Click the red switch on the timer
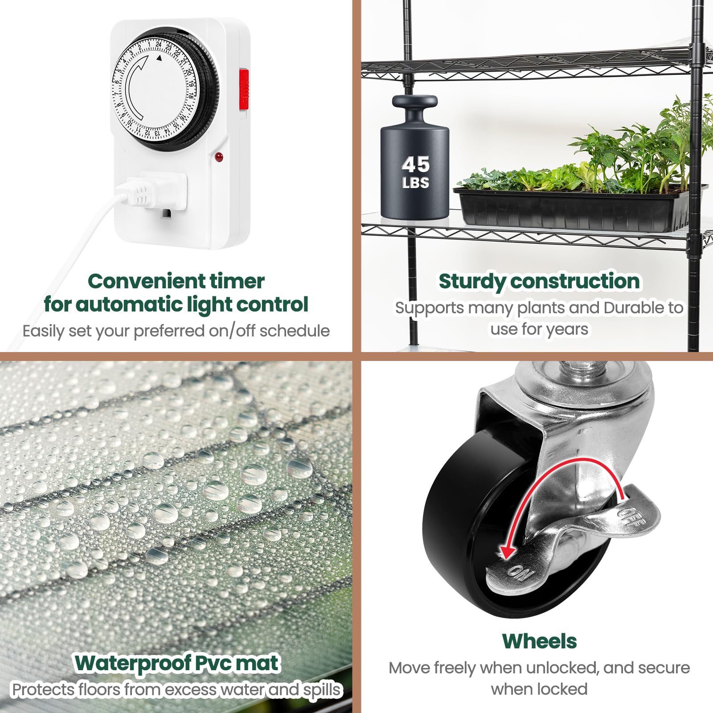click(244, 89)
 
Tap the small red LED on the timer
click(218, 157)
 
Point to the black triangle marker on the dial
click(159, 58)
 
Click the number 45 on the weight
click(415, 164)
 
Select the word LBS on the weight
click(415, 183)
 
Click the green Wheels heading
click(539, 641)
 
